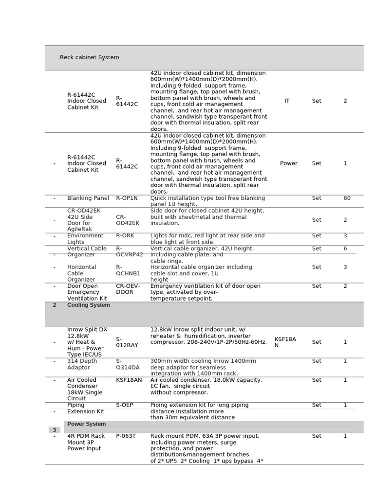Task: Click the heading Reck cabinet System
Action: pyautogui.click(x=89, y=57)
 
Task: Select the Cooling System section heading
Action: pyautogui.click(x=88, y=305)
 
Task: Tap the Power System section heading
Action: pyautogui.click(x=86, y=424)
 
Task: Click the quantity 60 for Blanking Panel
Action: pyautogui.click(x=347, y=198)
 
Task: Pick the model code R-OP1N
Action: pyautogui.click(x=127, y=198)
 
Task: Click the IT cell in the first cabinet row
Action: pyautogui.click(x=287, y=101)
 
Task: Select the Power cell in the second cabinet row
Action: pyautogui.click(x=288, y=163)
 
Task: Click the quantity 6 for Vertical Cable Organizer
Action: pyautogui.click(x=345, y=249)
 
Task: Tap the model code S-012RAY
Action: pyautogui.click(x=127, y=342)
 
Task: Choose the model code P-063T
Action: pyautogui.click(x=126, y=436)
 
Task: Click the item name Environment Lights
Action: pyautogui.click(x=86, y=239)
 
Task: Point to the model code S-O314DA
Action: pyautogui.click(x=128, y=364)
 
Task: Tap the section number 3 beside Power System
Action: pyautogui.click(x=54, y=430)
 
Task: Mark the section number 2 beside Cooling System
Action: pyautogui.click(x=54, y=305)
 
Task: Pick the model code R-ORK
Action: pyautogui.click(x=125, y=236)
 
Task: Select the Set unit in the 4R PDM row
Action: pyautogui.click(x=317, y=436)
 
